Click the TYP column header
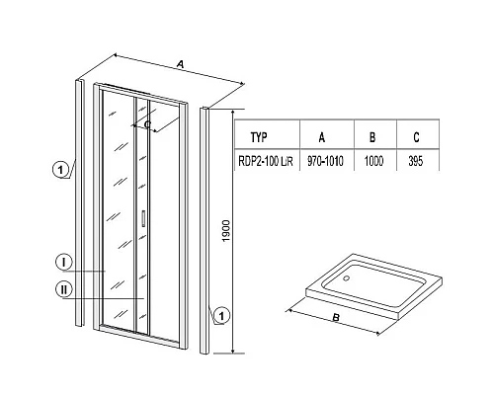pos(259,137)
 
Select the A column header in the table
pos(322,137)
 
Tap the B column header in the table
pos(372,137)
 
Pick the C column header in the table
pos(416,137)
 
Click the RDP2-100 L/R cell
pos(266,161)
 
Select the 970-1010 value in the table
pos(325,161)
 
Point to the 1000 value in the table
pos(373,161)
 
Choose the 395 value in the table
pos(415,161)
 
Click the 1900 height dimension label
pos(226,231)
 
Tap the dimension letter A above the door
pos(180,64)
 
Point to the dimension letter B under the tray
pos(336,318)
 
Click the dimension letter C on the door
pos(147,124)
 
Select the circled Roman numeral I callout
pos(63,262)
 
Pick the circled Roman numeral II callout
pos(63,289)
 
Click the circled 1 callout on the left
pos(60,170)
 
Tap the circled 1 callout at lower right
pos(221,316)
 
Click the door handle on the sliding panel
pos(143,218)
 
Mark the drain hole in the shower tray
pos(347,278)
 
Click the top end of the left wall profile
pos(79,80)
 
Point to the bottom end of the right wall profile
pos(205,353)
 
